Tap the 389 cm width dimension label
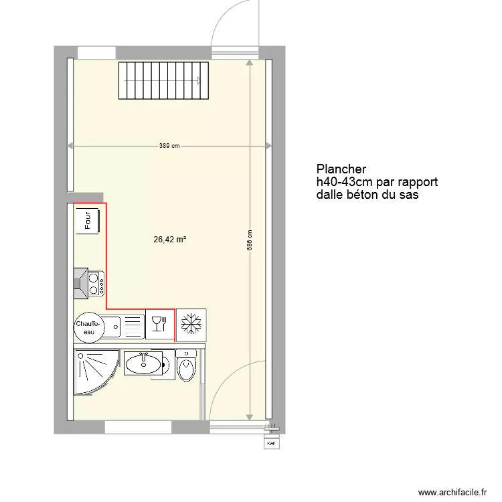(169, 146)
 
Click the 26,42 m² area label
(169, 238)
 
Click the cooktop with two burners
(94, 282)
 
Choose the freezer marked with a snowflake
(191, 325)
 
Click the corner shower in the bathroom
(94, 373)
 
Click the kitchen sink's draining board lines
(134, 326)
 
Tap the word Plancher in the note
(342, 169)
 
